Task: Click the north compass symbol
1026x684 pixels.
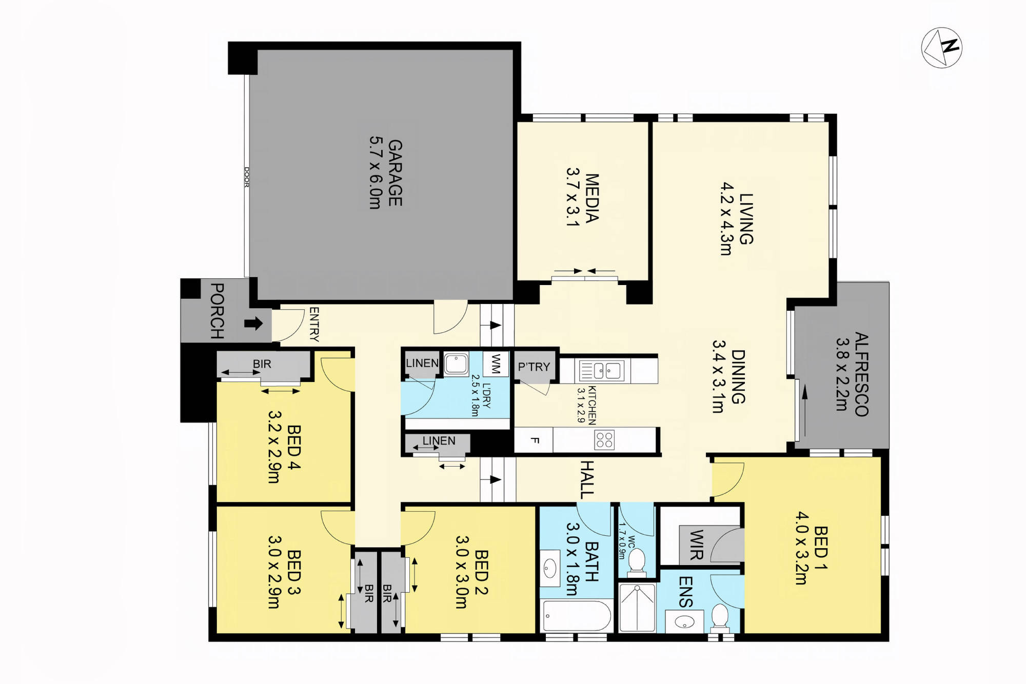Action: (942, 48)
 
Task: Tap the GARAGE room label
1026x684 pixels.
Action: (395, 173)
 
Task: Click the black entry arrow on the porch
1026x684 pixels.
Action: (253, 323)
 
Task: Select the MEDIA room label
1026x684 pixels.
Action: (592, 198)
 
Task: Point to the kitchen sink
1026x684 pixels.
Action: (602, 370)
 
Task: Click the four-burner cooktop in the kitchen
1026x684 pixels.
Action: (604, 440)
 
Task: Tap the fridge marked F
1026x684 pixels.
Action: (534, 440)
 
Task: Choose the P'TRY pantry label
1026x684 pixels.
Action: (534, 367)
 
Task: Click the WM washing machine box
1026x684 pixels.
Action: (496, 364)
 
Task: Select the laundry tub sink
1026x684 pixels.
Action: (456, 364)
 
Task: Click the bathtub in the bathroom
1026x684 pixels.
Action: (577, 616)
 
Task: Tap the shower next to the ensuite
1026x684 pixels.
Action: (637, 607)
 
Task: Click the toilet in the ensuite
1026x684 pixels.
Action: (720, 617)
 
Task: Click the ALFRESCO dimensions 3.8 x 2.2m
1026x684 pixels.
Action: (842, 374)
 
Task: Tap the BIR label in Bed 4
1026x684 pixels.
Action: (262, 364)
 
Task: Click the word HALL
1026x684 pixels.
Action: (587, 480)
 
